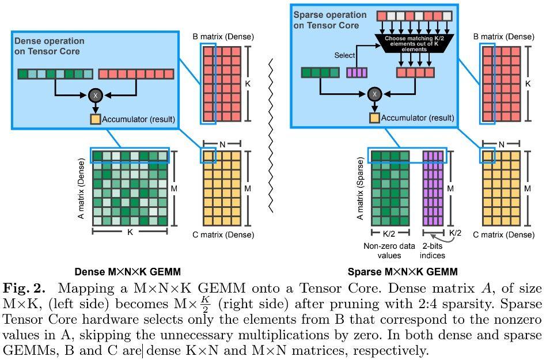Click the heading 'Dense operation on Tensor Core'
(49, 46)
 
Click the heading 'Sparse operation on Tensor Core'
(330, 20)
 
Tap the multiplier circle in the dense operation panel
(96, 95)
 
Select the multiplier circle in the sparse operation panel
(375, 94)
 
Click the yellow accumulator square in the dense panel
(95, 119)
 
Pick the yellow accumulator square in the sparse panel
(374, 118)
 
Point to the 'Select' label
(344, 55)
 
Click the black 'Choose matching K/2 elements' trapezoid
(414, 44)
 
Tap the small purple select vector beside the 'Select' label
(357, 73)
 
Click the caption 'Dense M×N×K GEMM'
(128, 271)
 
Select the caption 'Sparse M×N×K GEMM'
(403, 271)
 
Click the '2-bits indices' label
(432, 251)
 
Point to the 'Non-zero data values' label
(389, 251)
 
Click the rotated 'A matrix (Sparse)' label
(360, 188)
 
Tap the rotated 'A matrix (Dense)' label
(81, 188)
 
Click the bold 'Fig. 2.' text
(24, 288)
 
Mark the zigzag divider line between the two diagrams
(271, 136)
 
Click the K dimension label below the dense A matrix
(130, 232)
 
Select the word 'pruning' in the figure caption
(358, 304)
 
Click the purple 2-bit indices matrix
(433, 188)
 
